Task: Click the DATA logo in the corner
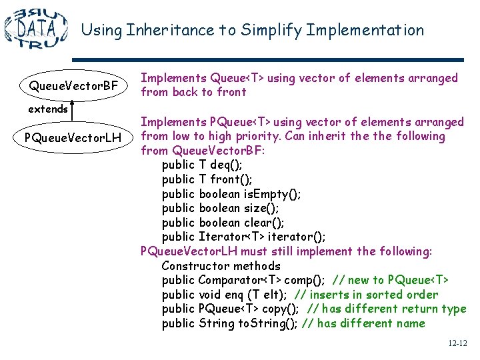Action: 36,28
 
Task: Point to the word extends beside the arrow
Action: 48,109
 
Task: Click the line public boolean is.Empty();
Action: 231,194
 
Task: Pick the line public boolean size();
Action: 221,208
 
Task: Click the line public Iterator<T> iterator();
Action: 244,237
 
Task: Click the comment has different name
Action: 363,323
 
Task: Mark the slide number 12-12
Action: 457,344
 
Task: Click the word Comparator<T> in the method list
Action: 240,280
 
